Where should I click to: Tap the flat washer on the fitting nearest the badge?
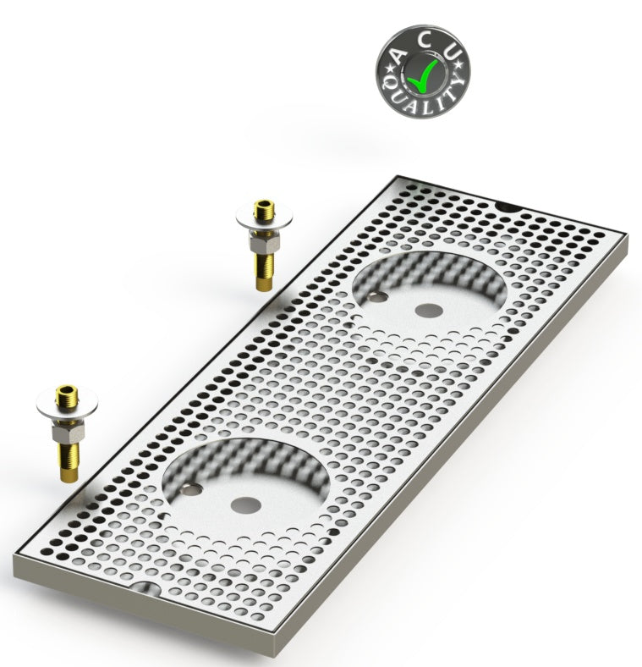coord(258,224)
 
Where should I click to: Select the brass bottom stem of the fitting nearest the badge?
coord(259,273)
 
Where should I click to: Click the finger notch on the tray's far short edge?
coord(509,207)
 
